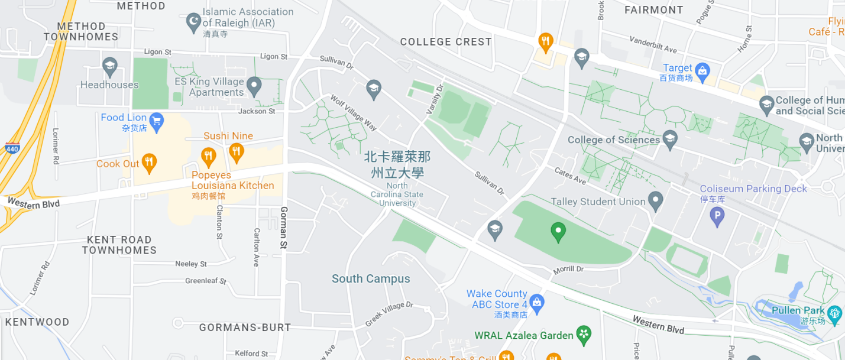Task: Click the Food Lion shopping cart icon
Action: tap(157, 122)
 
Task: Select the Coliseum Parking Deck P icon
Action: tap(717, 217)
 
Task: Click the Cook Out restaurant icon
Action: tap(149, 164)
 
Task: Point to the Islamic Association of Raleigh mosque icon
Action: tap(193, 23)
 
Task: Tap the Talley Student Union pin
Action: tap(655, 202)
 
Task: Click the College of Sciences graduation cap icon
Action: tap(670, 140)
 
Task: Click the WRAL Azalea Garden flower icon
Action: tap(584, 335)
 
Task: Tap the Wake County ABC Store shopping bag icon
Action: tap(536, 303)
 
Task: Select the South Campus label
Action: tap(371, 278)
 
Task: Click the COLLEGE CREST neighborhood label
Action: tap(446, 42)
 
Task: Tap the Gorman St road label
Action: tap(284, 228)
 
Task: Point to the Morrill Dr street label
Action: tap(568, 270)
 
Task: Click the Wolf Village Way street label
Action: tap(353, 113)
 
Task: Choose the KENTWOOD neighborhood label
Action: tap(37, 322)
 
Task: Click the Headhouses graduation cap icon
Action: tap(109, 67)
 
